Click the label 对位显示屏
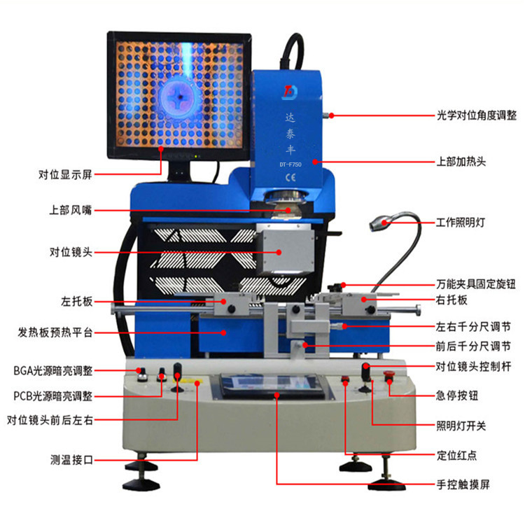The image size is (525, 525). tap(65, 174)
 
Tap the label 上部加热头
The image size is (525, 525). tap(461, 162)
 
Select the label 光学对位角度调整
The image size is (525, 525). tap(477, 115)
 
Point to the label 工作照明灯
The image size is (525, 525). tap(461, 222)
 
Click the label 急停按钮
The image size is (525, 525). tap(456, 395)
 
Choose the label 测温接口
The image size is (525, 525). tap(71, 460)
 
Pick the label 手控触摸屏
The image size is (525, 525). tap(463, 484)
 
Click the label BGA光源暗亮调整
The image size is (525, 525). tap(53, 370)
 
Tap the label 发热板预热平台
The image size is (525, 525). tap(55, 332)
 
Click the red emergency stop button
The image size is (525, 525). tap(388, 374)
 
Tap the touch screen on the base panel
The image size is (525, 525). tap(272, 386)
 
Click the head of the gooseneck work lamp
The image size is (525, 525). tap(379, 223)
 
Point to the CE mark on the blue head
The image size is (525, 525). tap(290, 178)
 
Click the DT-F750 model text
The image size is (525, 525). tap(290, 164)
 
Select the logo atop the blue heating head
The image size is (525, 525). tap(290, 92)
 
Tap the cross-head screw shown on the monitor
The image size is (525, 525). tap(180, 97)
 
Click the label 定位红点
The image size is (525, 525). tap(456, 456)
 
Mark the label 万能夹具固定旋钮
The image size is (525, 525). tap(476, 284)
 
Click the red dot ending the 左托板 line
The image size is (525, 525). tap(223, 302)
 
